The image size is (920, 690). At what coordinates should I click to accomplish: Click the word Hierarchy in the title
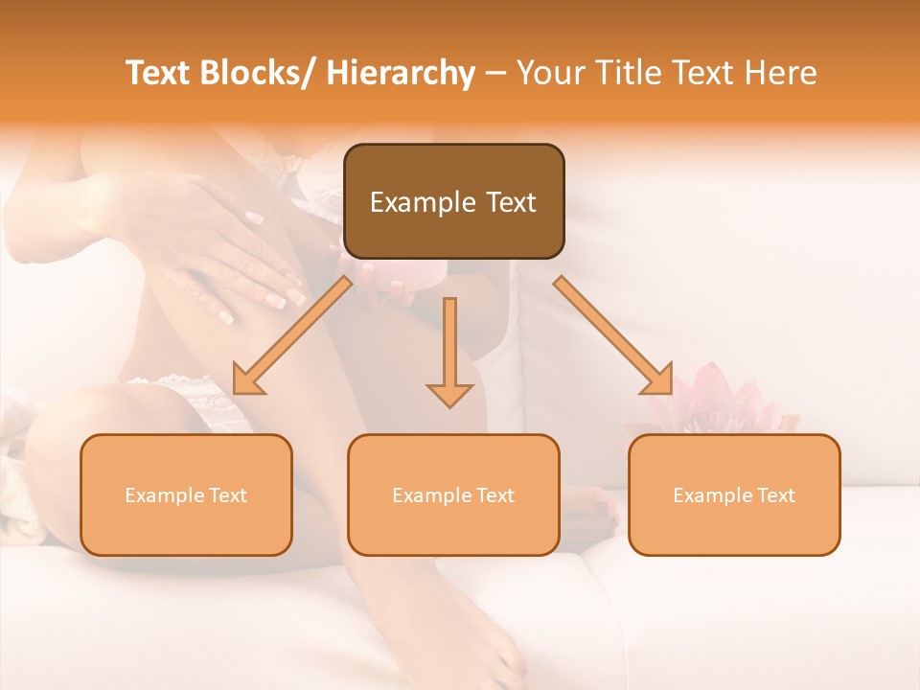[401, 73]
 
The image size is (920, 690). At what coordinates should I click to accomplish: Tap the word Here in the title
[782, 73]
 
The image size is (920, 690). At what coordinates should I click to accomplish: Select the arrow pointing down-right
[613, 336]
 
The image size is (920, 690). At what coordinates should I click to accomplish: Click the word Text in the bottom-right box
[775, 495]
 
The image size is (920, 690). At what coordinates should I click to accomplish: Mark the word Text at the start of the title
[159, 73]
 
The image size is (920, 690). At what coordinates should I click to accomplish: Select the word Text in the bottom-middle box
[494, 495]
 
